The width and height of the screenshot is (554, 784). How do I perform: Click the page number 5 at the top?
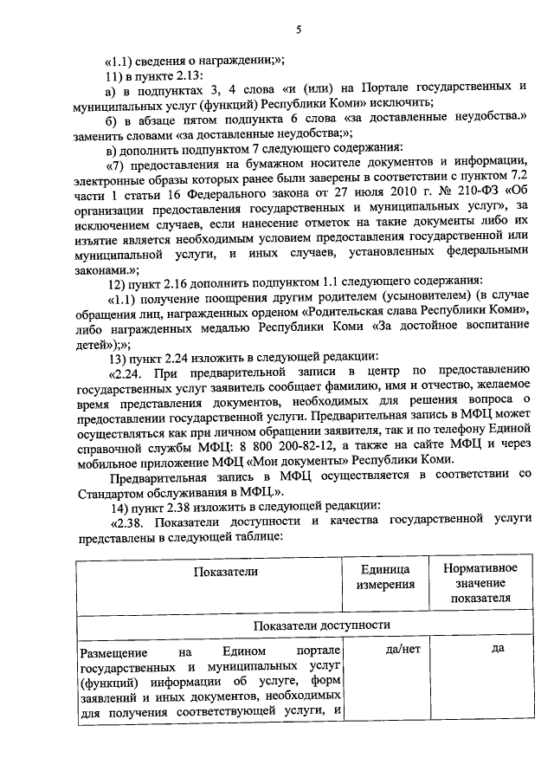(298, 30)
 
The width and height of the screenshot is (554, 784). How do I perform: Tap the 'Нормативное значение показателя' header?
(480, 582)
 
